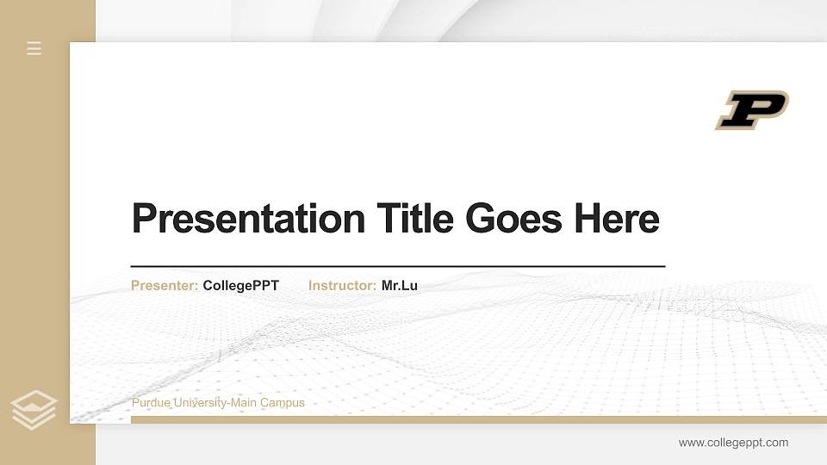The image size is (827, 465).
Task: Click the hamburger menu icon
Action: (x=34, y=48)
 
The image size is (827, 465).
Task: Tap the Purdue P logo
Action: (x=751, y=109)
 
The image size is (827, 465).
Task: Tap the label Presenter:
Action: (x=165, y=285)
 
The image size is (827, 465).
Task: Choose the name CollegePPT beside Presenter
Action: (x=240, y=285)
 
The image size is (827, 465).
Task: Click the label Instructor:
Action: (x=342, y=285)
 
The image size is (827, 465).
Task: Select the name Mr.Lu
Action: (x=400, y=285)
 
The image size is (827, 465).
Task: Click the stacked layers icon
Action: (x=34, y=410)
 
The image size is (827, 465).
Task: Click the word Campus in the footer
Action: (x=283, y=402)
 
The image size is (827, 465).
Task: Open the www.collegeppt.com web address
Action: (x=733, y=443)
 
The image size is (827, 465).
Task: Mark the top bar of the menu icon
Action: (x=34, y=42)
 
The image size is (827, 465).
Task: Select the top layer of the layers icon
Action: (x=34, y=400)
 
